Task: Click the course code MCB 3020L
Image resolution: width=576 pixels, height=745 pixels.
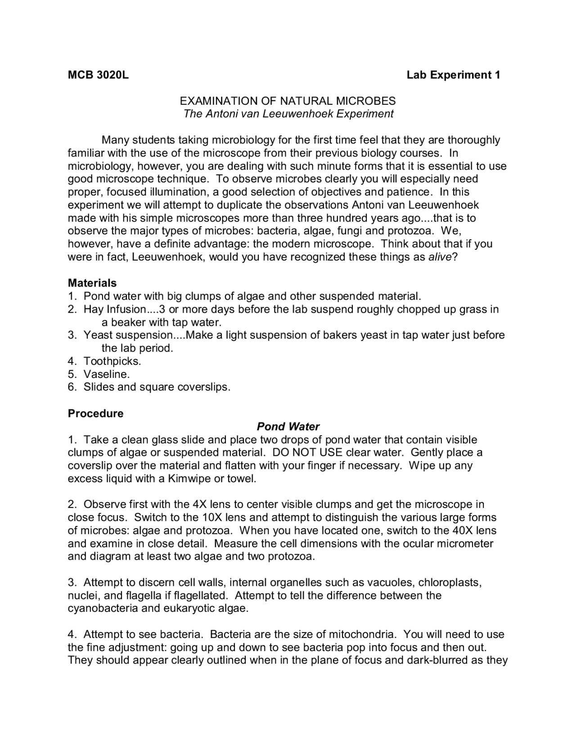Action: [x=98, y=75]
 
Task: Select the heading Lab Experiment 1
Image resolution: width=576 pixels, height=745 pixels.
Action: [x=453, y=75]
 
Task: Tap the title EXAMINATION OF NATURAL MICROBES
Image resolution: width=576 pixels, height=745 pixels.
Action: [x=288, y=101]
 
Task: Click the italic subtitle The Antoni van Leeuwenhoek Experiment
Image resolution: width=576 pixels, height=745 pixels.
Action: [x=288, y=114]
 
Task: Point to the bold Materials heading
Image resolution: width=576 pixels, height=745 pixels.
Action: [x=92, y=283]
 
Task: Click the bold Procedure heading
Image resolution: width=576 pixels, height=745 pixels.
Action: [x=95, y=413]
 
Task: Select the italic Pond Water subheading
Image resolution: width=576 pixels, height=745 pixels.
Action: [x=288, y=426]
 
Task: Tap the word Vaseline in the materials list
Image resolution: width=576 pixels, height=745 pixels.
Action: [x=106, y=374]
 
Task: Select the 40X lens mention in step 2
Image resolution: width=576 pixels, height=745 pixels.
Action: [x=474, y=530]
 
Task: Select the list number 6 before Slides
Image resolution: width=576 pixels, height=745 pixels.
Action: [x=72, y=387]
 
